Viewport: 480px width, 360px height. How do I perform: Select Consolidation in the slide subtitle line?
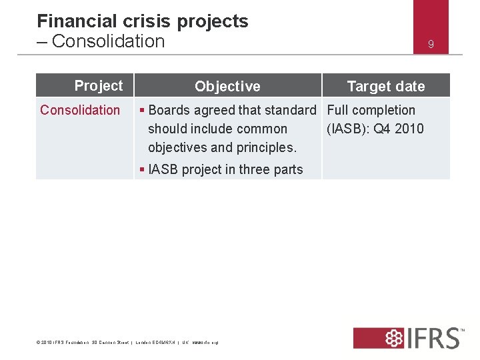(108, 41)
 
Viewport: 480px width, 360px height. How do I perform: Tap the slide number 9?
(431, 44)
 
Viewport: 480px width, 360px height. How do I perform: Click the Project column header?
(99, 85)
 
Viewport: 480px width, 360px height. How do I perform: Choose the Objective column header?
(227, 86)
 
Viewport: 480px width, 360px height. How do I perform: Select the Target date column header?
(385, 86)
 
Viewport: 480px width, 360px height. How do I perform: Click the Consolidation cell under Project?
(80, 110)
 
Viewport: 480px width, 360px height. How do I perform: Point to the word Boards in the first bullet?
(169, 110)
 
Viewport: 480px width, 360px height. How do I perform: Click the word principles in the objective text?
(265, 147)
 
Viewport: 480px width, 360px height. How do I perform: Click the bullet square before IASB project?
(142, 170)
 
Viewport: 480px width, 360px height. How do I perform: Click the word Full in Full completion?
(338, 110)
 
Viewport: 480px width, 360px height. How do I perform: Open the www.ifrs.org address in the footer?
(205, 343)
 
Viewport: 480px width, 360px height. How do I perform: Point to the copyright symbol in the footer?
(38, 343)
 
